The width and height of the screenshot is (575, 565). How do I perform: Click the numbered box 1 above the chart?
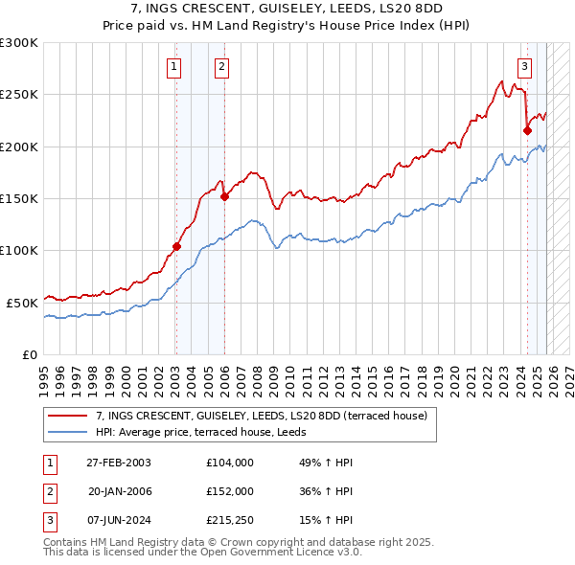coord(174,67)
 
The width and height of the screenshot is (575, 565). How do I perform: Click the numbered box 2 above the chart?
coord(222,67)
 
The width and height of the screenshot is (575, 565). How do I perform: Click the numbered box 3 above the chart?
coord(525,67)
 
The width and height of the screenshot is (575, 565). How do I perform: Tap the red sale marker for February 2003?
coord(176,246)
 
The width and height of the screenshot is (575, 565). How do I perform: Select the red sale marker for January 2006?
coord(224,196)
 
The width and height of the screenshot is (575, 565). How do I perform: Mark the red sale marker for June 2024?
coord(527,130)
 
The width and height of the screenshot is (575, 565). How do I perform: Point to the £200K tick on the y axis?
coord(19,147)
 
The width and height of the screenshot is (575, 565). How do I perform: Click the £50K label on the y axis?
coord(22,302)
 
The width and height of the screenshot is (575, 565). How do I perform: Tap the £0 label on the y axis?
coord(29,353)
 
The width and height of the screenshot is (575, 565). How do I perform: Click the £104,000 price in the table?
coord(229,463)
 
